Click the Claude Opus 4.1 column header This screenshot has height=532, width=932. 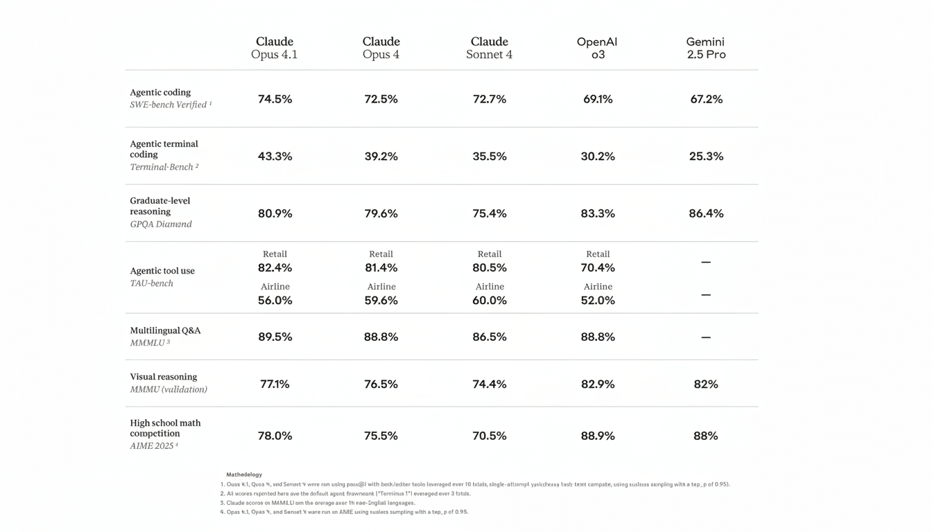(275, 48)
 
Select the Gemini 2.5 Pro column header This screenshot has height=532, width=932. (706, 48)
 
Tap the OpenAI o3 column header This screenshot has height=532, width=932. (597, 48)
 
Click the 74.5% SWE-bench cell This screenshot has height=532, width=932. (275, 99)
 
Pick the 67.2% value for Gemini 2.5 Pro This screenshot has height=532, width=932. (706, 99)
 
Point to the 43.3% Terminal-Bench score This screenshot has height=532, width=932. (275, 157)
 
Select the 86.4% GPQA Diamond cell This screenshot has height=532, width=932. (706, 213)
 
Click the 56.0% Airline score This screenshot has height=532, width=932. (275, 301)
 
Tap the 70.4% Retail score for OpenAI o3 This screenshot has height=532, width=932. (597, 267)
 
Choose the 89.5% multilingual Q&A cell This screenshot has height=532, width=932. (275, 337)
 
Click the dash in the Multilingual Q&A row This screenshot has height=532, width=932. (706, 337)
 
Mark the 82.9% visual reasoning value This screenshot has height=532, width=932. (597, 384)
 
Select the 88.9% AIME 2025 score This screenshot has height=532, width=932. (597, 436)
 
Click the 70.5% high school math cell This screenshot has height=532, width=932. (490, 436)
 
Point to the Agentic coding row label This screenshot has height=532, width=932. (160, 92)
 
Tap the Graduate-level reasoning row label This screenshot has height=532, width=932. (159, 206)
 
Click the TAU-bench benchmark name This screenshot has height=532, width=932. (151, 283)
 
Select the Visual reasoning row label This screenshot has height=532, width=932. (164, 377)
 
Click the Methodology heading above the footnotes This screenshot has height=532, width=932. (244, 475)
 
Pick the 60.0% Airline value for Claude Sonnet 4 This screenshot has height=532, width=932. (490, 301)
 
